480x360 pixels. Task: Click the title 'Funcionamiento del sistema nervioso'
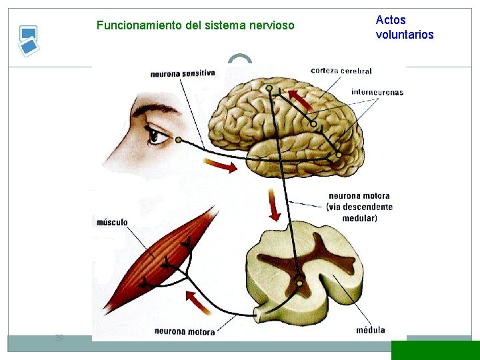coord(195,26)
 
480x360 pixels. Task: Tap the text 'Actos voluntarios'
coord(404,27)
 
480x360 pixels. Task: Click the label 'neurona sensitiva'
coord(182,73)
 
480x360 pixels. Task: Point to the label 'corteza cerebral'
coord(341,70)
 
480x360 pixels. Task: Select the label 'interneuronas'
coord(377,92)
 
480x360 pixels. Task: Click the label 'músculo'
coord(111,222)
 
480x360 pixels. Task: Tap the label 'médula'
coord(370,329)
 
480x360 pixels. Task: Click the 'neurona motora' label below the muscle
coord(185,331)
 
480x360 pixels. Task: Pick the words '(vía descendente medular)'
coord(359,212)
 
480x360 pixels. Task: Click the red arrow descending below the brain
coord(273,205)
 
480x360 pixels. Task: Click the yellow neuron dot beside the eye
coord(178,140)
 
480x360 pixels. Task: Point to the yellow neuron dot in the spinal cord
coord(299,284)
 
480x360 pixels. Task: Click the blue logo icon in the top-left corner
coord(27,41)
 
